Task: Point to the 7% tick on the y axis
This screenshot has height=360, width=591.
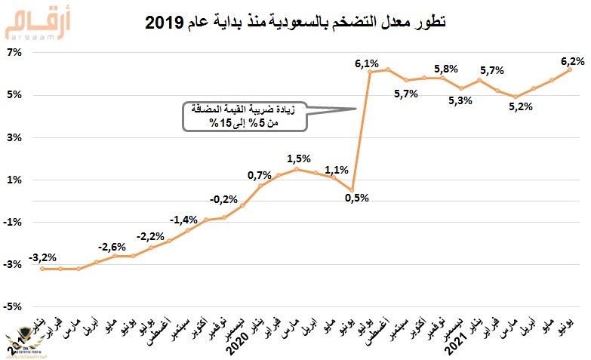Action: click(x=14, y=53)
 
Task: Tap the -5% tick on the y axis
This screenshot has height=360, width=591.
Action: click(x=14, y=306)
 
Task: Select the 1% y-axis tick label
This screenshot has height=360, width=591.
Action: click(x=14, y=180)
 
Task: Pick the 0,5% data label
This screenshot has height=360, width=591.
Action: click(x=356, y=198)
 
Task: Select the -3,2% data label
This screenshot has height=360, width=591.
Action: click(x=43, y=258)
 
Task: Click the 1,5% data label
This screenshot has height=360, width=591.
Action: click(x=300, y=159)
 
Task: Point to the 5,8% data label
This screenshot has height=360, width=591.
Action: click(x=446, y=69)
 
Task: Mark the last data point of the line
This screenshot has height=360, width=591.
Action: click(x=570, y=70)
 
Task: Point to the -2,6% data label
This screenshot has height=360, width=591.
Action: click(x=111, y=246)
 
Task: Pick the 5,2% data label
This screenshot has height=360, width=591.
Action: click(x=521, y=106)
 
